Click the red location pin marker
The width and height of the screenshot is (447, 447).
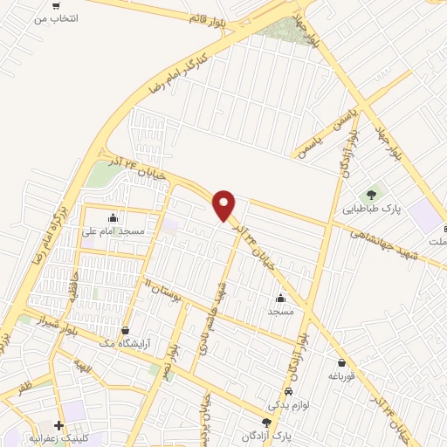224,205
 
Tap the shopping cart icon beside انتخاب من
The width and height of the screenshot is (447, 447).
56,5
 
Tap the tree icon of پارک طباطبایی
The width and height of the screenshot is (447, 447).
371,195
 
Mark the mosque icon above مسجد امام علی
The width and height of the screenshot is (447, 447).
112,218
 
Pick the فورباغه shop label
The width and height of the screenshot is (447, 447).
343,376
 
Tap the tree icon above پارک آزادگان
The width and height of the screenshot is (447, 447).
266,423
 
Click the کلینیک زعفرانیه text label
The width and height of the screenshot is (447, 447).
65,439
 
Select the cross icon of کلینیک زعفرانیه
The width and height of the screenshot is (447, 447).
58,425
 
